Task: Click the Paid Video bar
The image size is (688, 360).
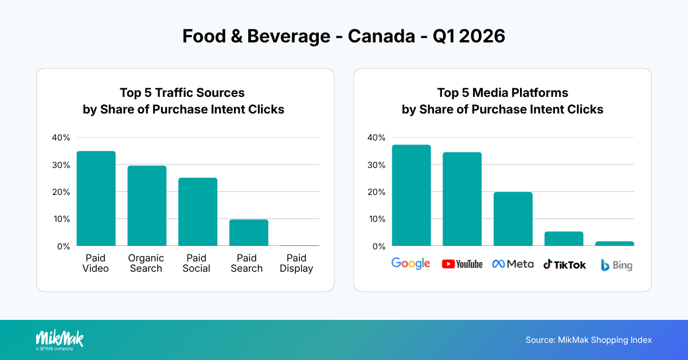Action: click(x=96, y=198)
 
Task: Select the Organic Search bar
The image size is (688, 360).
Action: click(x=147, y=206)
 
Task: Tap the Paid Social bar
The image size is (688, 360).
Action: click(x=198, y=212)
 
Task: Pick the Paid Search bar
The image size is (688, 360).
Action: click(x=248, y=233)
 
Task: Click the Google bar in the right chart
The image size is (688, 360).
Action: click(x=411, y=195)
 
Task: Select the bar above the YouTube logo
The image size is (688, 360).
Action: click(x=462, y=199)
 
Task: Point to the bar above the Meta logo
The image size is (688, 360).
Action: click(x=513, y=219)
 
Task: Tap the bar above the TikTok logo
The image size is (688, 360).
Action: click(x=564, y=238)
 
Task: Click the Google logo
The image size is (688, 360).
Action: click(x=411, y=264)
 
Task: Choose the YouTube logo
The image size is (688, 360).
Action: click(x=462, y=264)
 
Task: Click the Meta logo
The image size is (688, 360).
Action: click(x=513, y=264)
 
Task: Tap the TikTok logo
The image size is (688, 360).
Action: click(x=565, y=264)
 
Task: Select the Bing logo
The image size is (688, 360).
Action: click(x=616, y=265)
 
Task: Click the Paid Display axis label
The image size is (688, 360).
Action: click(x=296, y=263)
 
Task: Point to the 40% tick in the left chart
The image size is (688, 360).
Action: click(x=61, y=138)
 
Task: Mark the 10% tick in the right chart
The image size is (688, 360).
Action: click(x=376, y=219)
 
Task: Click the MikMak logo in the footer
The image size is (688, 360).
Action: click(x=59, y=340)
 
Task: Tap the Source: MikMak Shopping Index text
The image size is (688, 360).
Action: click(x=588, y=340)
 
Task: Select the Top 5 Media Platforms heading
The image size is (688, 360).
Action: click(x=502, y=93)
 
